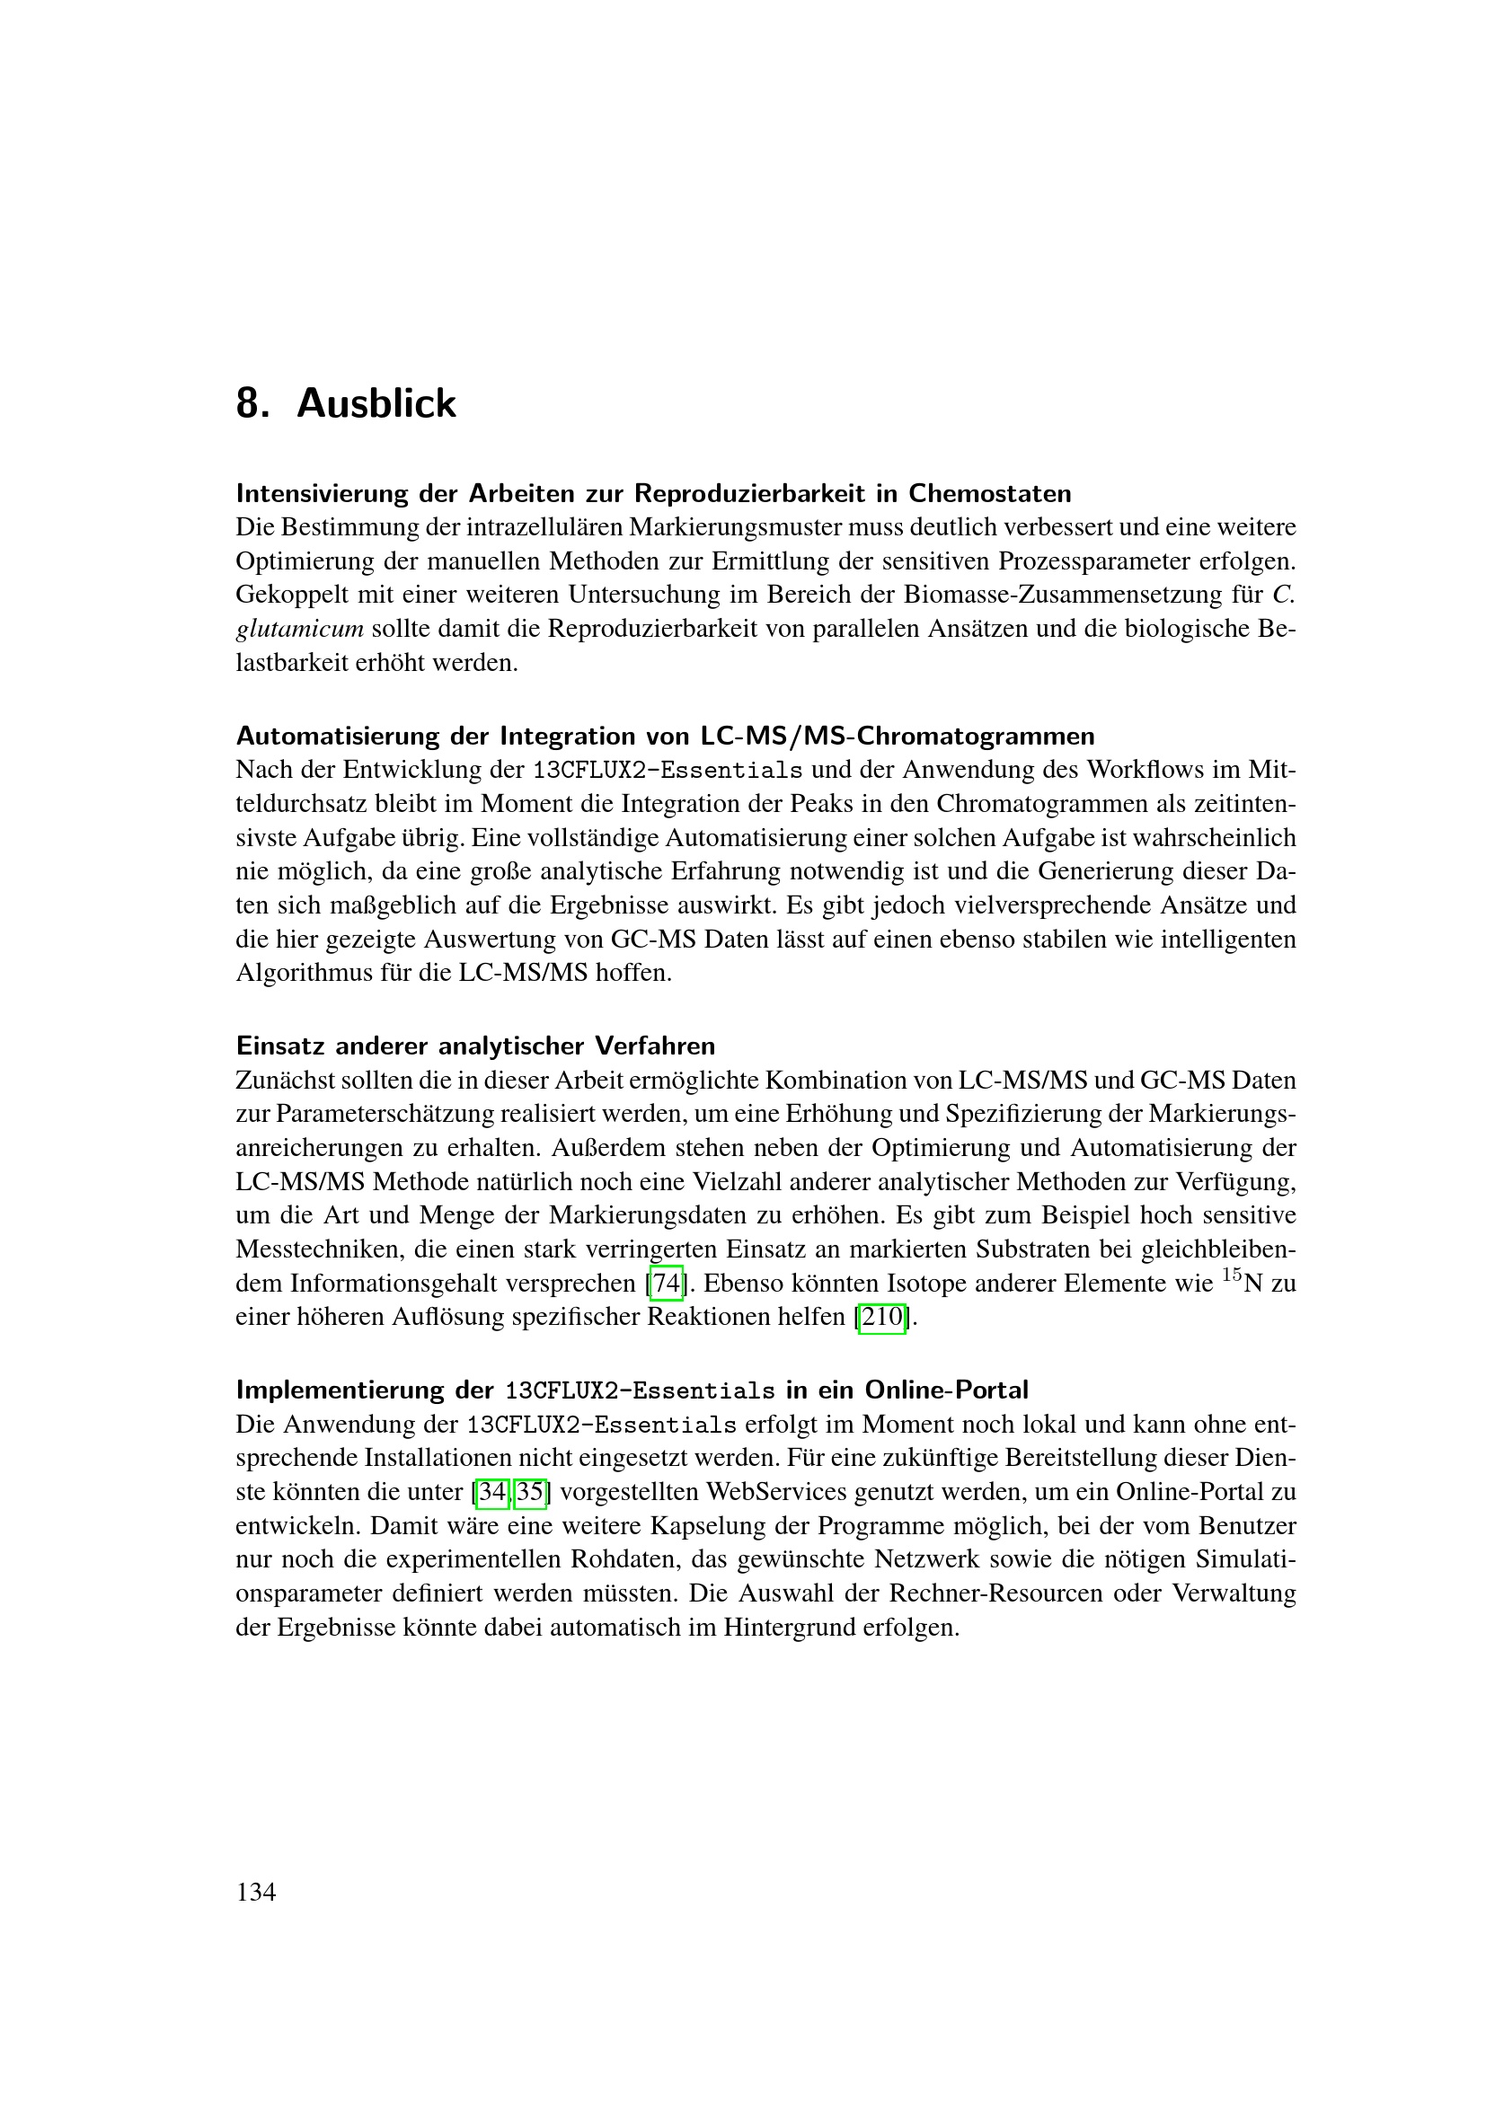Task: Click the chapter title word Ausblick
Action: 376,403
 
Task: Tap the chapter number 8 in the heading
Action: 248,403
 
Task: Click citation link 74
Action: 666,1284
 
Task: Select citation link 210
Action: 882,1318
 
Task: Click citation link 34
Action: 492,1493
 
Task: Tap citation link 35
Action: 530,1493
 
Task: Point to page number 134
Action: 256,1893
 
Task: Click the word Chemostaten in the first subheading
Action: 989,494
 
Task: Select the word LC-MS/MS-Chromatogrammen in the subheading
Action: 898,737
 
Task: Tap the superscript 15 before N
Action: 1232,1275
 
